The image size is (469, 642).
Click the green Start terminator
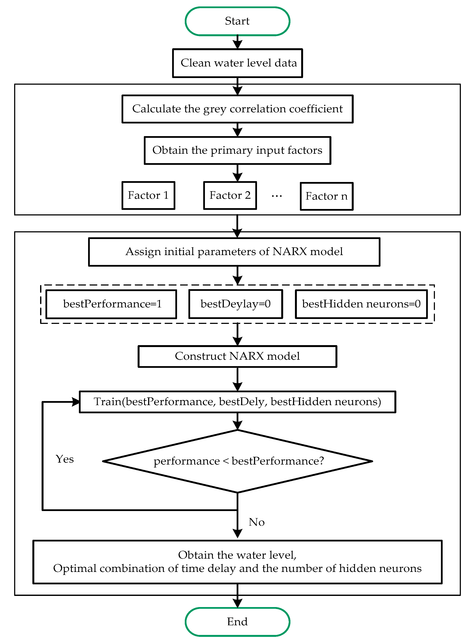point(237,21)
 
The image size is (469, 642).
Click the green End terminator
point(237,622)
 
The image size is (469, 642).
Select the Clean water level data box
point(237,63)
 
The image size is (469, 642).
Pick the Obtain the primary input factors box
point(237,150)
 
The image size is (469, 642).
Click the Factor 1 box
point(148,195)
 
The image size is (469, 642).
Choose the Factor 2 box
point(230,195)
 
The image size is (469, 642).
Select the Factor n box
point(326,196)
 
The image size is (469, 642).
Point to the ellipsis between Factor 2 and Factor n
point(277,196)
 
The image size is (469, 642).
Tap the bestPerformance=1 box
point(111,304)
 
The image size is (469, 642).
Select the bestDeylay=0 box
point(235,304)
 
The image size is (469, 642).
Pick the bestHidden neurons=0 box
point(361,304)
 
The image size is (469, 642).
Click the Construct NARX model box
point(237,356)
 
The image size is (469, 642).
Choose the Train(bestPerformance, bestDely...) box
point(237,402)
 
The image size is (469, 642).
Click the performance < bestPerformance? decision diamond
point(237,461)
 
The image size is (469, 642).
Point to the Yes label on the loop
point(65,459)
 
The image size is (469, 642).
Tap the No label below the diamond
point(256,522)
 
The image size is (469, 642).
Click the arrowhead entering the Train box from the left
point(76,402)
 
